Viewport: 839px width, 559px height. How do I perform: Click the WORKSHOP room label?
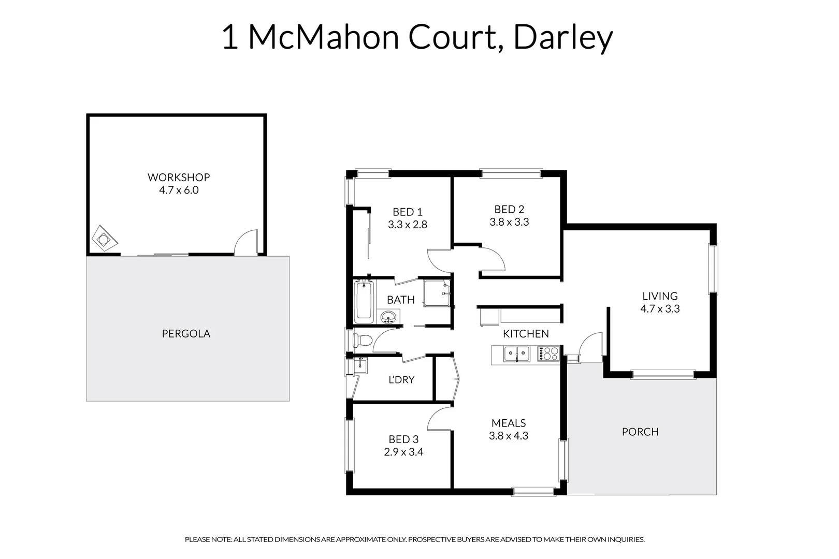(x=179, y=177)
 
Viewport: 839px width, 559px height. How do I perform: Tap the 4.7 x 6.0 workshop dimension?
(x=179, y=190)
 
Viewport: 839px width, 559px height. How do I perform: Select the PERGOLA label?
(x=186, y=334)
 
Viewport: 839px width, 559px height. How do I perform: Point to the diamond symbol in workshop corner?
(x=105, y=239)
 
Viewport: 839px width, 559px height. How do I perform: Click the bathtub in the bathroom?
(x=364, y=302)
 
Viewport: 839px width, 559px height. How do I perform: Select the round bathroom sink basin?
(x=388, y=317)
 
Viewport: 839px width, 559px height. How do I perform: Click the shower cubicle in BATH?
(x=437, y=293)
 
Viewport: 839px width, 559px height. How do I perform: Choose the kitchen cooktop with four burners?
(x=548, y=354)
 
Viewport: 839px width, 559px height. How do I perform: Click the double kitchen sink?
(x=517, y=354)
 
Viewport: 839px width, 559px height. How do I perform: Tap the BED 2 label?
(x=509, y=209)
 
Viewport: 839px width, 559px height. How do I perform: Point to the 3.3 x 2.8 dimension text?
(x=408, y=225)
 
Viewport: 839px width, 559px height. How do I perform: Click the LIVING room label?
(x=660, y=296)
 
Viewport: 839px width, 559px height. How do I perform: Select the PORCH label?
(x=640, y=432)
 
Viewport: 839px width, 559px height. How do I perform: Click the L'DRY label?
(x=401, y=380)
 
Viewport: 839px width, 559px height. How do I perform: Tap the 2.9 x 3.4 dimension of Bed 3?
(x=403, y=452)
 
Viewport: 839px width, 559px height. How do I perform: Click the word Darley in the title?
(x=563, y=37)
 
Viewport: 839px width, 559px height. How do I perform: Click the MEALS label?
(x=509, y=423)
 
